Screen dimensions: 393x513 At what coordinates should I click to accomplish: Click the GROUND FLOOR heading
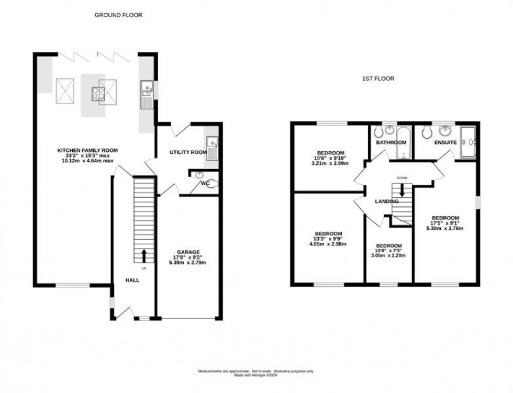click(118, 15)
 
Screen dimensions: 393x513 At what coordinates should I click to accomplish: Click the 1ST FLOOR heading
click(378, 78)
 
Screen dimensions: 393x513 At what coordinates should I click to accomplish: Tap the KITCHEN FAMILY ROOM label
click(87, 150)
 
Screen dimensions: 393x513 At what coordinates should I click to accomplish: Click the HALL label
click(132, 280)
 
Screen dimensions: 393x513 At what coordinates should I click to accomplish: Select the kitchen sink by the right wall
click(147, 95)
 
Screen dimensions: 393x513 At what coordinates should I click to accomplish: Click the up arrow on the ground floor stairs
click(144, 256)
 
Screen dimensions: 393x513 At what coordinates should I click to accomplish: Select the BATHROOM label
click(391, 142)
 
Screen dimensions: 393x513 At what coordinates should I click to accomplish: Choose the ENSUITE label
click(445, 142)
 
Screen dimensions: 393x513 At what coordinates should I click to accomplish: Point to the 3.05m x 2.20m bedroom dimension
click(389, 256)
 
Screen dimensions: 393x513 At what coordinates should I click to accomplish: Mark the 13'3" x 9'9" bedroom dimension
click(328, 239)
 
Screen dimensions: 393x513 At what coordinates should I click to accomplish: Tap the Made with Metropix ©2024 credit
click(255, 375)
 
